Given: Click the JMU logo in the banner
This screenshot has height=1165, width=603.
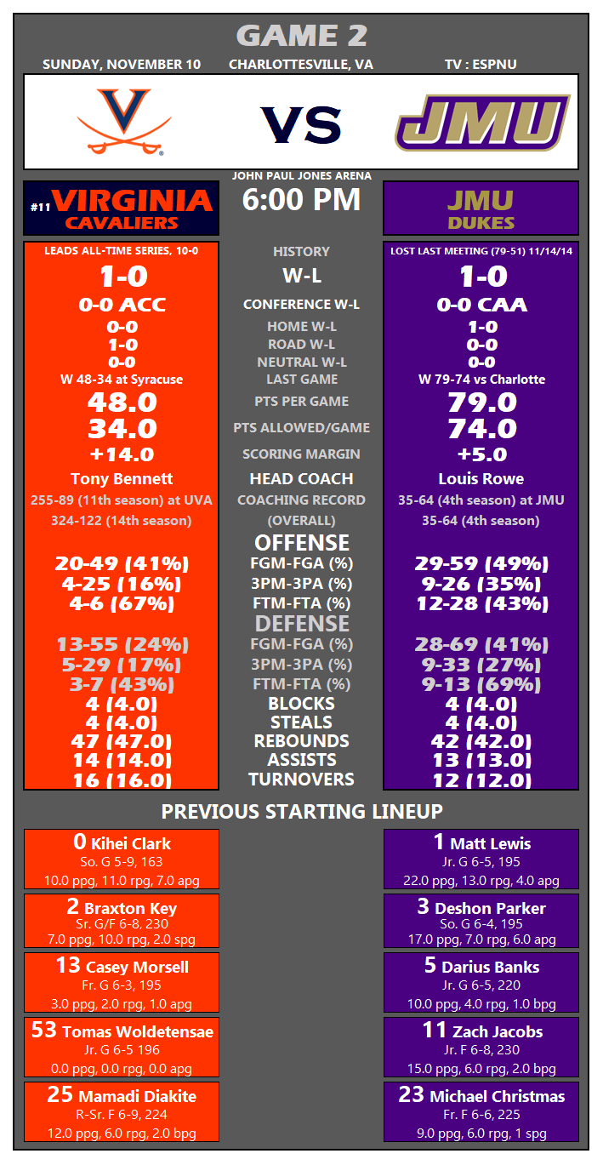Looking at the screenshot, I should coord(482,123).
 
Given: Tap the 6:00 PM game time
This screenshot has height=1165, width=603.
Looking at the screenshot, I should coord(301,200).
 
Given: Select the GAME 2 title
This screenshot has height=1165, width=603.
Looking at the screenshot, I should coord(301,36).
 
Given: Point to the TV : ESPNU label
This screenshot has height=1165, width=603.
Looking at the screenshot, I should coord(481,65).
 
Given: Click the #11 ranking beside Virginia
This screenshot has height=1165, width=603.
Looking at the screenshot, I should coord(40,207).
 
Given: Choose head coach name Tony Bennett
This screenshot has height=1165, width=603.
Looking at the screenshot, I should coord(122,478).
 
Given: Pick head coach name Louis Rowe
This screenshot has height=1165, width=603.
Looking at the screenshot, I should coord(481,478).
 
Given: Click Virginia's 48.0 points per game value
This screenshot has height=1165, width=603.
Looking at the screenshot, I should coord(122,402).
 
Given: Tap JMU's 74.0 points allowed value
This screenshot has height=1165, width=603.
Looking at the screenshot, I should coord(481,428).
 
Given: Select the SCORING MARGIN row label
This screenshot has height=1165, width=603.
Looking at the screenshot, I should coord(301,454).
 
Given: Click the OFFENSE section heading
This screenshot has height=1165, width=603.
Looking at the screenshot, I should coord(301,543).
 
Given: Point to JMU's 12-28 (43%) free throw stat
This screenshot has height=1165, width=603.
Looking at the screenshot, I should coord(481,603).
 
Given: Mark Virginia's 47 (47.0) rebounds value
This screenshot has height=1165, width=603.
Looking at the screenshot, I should coord(122,741).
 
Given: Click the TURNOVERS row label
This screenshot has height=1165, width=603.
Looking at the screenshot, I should coord(301,780).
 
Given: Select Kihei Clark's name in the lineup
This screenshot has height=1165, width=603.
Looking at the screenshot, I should coord(131,844).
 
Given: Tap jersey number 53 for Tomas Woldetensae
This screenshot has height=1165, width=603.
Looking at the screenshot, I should coord(43,1031).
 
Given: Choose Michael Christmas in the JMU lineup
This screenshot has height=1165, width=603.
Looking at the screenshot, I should coord(497,1096).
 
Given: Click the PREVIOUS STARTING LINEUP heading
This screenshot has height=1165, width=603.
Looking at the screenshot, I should coord(301,811).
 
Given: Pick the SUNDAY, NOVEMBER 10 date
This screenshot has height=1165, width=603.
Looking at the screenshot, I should coord(122,65).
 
